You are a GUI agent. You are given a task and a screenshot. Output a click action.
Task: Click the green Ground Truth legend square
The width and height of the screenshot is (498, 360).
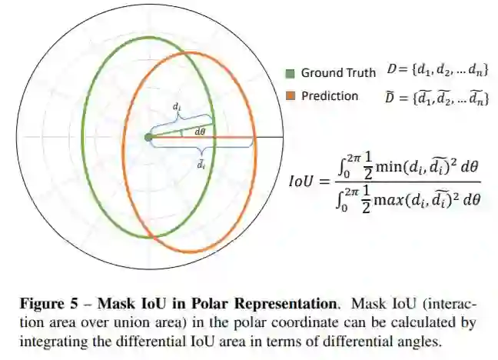[290, 74]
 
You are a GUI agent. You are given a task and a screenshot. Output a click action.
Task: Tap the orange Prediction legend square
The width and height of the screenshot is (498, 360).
[290, 96]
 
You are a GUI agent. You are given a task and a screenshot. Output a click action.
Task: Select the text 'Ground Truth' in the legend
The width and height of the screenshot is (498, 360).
[338, 74]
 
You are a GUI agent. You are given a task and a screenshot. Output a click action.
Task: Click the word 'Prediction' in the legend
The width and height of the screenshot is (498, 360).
[330, 96]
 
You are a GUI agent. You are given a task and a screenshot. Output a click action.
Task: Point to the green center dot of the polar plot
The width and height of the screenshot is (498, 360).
[148, 138]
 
